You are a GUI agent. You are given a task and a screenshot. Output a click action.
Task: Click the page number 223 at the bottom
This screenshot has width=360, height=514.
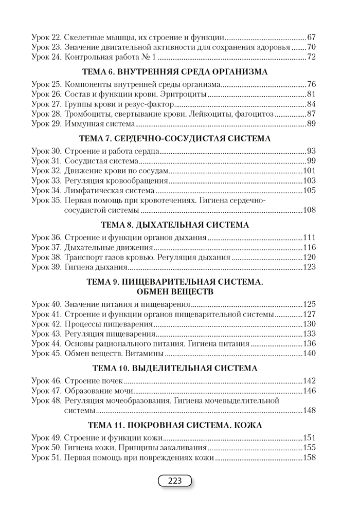175,481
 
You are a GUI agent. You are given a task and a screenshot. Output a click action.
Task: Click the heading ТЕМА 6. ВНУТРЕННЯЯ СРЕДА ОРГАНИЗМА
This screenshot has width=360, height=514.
175,72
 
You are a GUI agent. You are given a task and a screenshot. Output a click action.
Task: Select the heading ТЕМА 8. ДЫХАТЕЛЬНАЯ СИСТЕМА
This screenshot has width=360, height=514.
175,225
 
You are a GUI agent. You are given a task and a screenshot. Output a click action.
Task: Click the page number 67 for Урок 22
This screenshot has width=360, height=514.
311,38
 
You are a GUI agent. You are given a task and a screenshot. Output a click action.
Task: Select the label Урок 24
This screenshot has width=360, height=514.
46,57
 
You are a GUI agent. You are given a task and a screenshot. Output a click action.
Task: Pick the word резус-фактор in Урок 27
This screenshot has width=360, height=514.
140,104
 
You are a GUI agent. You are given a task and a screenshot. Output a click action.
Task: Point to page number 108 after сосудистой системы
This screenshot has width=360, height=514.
309,210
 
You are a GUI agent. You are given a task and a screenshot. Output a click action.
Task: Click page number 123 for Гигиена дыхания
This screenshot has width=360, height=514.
309,267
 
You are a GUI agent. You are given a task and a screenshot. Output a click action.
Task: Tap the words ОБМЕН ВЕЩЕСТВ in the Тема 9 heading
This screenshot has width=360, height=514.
175,291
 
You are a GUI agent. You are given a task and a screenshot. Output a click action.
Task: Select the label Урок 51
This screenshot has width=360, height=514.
46,457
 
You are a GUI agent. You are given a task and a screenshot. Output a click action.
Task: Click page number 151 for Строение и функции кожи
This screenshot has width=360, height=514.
309,438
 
